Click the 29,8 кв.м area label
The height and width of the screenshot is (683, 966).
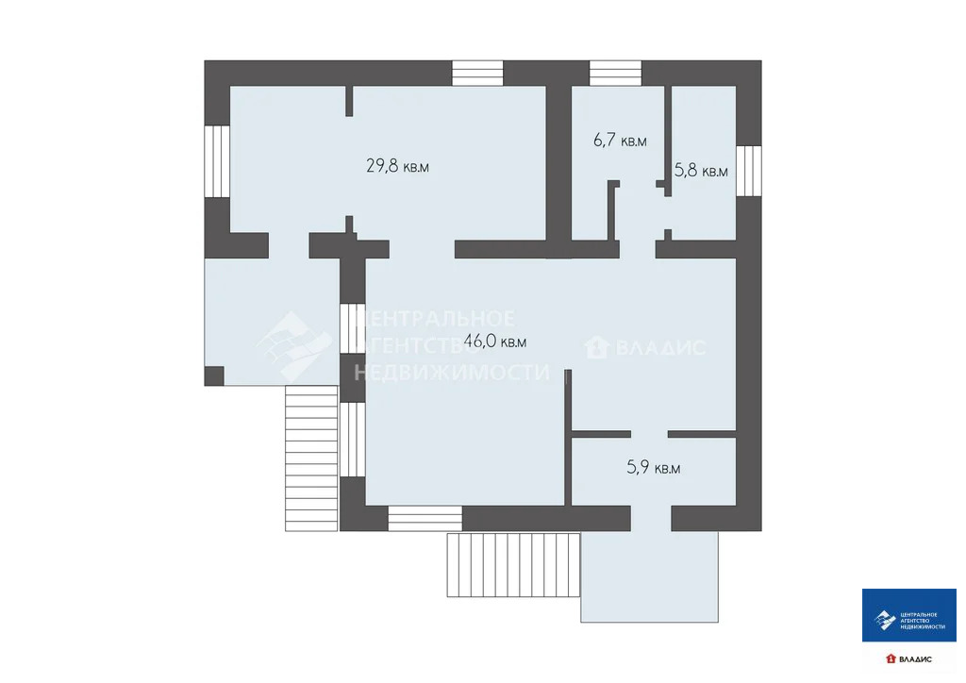397,167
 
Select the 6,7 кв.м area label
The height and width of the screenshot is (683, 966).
620,141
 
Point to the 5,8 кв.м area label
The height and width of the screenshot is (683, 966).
701,171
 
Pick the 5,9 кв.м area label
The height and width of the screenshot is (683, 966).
653,466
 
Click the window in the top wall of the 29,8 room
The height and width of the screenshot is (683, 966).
477,74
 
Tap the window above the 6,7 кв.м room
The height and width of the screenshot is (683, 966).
615,74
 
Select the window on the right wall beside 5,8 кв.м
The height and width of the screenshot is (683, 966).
748,171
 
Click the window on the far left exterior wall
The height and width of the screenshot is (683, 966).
217,160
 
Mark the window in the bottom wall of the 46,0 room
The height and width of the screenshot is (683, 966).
425,518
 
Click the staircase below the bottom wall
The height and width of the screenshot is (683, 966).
513,564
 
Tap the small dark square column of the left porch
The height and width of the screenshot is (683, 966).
214,375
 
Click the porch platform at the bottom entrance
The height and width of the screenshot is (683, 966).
649,575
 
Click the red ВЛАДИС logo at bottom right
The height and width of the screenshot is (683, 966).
908,658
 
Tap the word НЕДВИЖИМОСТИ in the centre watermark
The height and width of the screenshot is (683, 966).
451,373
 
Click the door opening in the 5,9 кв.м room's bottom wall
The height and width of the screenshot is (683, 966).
651,518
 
